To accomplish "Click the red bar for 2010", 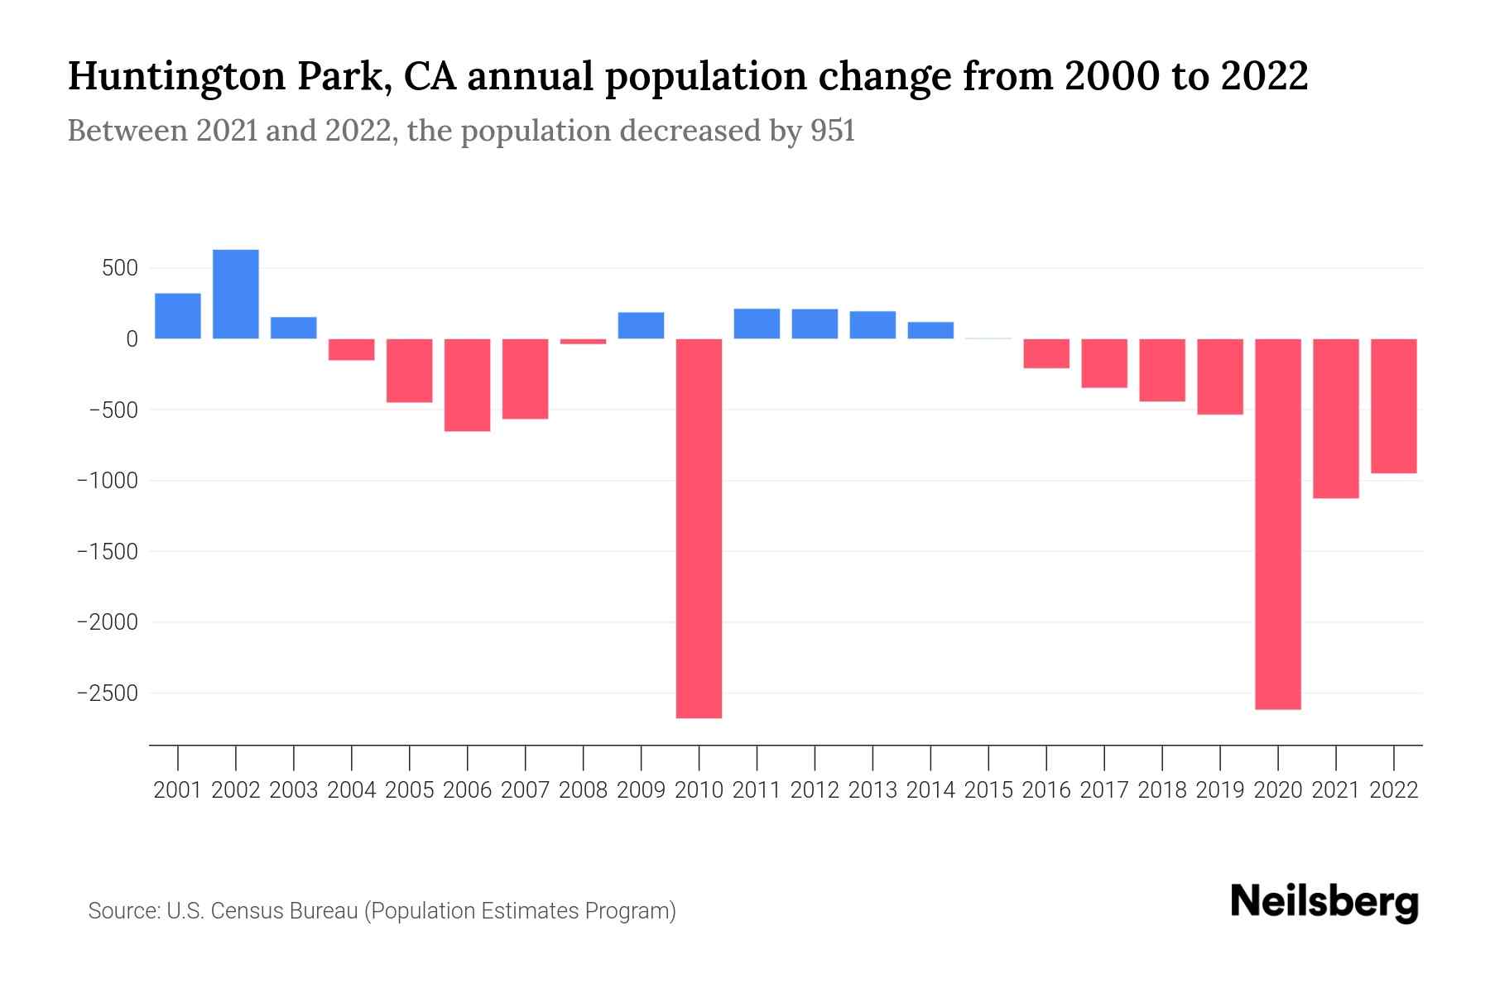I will tap(699, 528).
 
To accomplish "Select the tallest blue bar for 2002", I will tap(236, 294).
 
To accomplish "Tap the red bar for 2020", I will tap(1278, 524).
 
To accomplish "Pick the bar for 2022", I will tap(1394, 405).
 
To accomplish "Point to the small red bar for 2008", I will tap(584, 341).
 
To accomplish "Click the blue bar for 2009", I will tap(642, 325).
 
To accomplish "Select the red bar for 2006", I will tap(468, 385).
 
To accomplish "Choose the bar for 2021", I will tap(1336, 418).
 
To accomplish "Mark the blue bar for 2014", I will tap(930, 330).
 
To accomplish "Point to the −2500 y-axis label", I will tap(108, 693).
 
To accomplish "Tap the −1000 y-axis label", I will tap(108, 481).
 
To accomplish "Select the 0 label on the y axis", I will tap(132, 339).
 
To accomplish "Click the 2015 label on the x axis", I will tap(988, 790).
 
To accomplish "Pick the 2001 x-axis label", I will tap(178, 790).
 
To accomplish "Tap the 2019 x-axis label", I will tap(1220, 790).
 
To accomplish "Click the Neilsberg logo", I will tap(1324, 902).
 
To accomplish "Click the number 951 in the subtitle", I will tap(833, 131).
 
